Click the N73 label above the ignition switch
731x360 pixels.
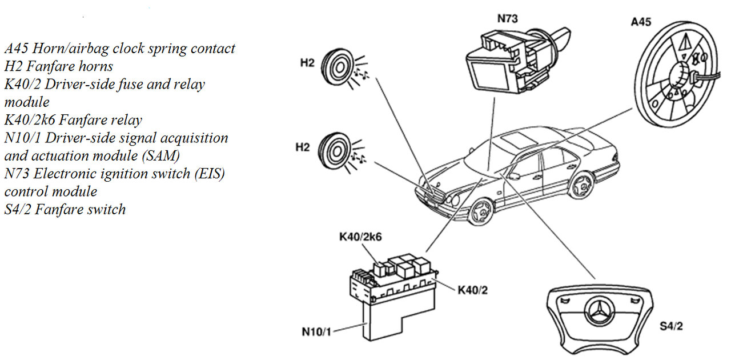[x=508, y=19]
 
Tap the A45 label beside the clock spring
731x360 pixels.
[x=641, y=22]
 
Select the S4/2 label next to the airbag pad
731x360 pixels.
[x=671, y=326]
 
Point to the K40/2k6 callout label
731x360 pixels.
[x=360, y=237]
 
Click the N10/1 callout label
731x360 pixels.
[x=316, y=332]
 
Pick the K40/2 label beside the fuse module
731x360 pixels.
[x=472, y=290]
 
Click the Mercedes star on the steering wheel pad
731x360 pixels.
[x=600, y=311]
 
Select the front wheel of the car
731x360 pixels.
[x=481, y=211]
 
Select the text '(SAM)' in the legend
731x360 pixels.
[x=161, y=156]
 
